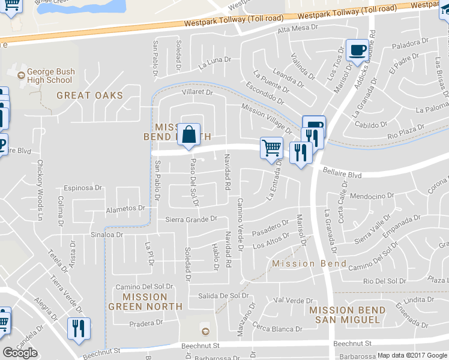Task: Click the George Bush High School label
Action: tap(50, 76)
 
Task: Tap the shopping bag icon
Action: tap(188, 136)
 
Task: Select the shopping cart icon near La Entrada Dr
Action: tap(271, 147)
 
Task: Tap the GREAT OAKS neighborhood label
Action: tap(89, 95)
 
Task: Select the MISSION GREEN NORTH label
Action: tap(145, 301)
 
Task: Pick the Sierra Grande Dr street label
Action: tap(191, 219)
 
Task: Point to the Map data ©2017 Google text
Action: tap(411, 355)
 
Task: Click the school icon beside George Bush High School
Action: tap(21, 75)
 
